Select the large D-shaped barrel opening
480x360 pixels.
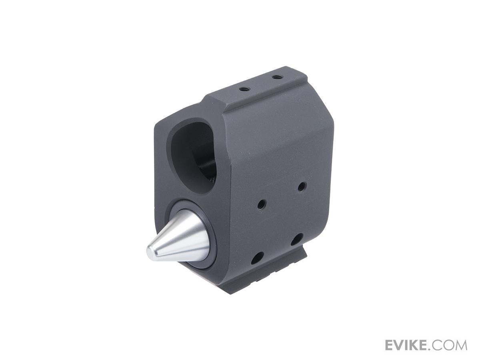[192, 156]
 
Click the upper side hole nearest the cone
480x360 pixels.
[262, 204]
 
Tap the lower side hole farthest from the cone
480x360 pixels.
[297, 240]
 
